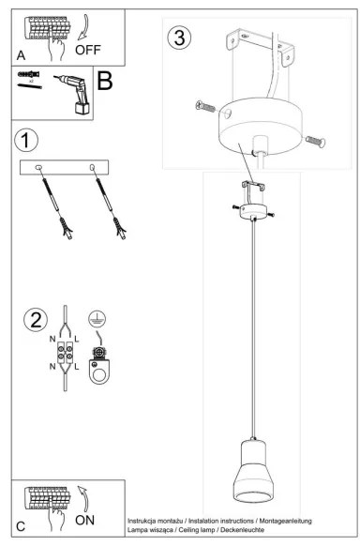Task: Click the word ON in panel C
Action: [85, 518]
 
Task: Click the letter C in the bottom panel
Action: [21, 527]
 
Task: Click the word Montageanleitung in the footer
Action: [281, 520]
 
